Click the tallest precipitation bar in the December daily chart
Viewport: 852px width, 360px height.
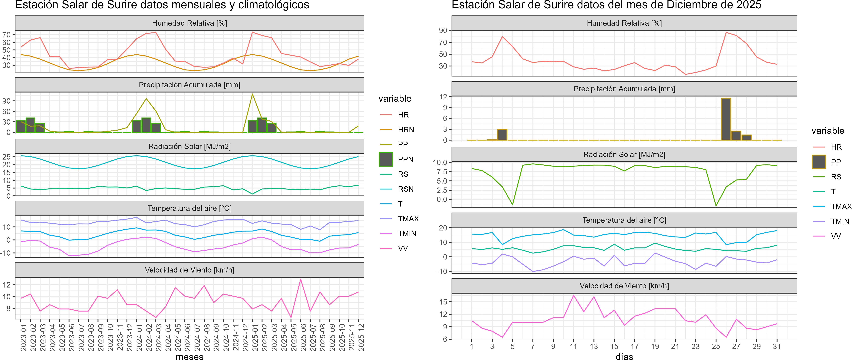(726, 119)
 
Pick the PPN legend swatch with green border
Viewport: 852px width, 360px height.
(386, 159)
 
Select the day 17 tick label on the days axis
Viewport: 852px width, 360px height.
(634, 346)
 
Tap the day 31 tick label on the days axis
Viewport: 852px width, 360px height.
(777, 346)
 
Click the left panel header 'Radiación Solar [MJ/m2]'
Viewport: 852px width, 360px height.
(189, 146)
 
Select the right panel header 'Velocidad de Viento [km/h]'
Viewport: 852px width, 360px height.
(624, 286)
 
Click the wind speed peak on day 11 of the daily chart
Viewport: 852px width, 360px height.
(573, 295)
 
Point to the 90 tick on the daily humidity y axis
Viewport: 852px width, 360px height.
(443, 30)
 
